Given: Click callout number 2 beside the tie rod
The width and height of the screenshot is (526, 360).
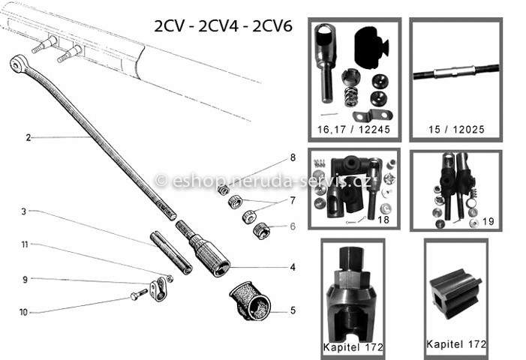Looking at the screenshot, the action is [x=29, y=137].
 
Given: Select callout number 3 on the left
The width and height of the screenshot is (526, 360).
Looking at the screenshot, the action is [x=23, y=211].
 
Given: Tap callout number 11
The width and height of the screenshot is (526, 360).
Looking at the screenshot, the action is [x=25, y=244].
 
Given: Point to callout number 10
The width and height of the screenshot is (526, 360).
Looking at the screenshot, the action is [x=23, y=313].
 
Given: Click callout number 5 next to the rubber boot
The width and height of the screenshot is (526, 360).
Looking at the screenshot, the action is [x=293, y=310].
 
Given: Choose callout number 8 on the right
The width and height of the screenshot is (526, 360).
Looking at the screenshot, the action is [x=293, y=157].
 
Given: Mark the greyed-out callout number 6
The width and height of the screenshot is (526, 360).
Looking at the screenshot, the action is [x=293, y=226].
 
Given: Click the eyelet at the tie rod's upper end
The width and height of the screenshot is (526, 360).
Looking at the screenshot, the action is [x=16, y=64].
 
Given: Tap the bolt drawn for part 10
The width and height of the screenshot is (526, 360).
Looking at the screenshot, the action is [x=139, y=294].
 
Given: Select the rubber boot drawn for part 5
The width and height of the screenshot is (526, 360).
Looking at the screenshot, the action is [x=250, y=301].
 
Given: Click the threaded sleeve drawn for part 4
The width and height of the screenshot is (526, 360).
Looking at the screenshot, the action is [x=203, y=248].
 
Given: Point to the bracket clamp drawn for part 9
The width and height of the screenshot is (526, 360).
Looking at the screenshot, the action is [x=158, y=290].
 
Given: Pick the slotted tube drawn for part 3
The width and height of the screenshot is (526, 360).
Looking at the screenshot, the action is [x=171, y=253].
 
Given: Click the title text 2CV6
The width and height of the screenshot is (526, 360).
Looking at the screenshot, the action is [x=272, y=26].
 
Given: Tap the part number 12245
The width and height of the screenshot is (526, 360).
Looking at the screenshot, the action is [x=374, y=130].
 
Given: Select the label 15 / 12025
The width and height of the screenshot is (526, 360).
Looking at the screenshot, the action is [x=456, y=130].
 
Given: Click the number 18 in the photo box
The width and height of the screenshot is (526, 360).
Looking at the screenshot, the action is [x=383, y=220].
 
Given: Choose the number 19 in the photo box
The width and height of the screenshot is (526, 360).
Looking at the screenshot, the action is [x=488, y=221].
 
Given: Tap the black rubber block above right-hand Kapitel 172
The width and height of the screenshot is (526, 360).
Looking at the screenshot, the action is [x=455, y=293].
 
